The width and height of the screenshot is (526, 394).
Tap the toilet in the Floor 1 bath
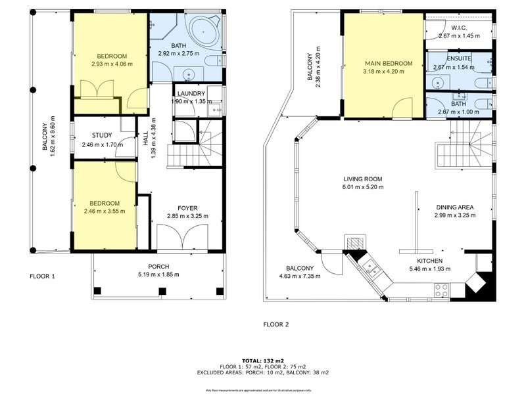click(212, 61)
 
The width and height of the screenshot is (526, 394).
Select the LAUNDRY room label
click(191, 94)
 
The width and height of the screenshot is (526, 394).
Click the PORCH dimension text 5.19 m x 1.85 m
click(158, 274)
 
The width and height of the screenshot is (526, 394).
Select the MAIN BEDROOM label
click(389, 64)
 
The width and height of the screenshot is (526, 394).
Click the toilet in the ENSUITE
click(483, 81)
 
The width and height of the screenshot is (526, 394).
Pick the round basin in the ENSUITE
click(437, 82)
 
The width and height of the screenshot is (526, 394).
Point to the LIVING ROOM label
click(362, 179)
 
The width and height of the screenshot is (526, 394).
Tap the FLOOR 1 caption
click(42, 276)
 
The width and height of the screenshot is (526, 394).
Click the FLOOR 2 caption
click(275, 324)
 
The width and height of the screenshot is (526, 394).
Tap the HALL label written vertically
click(145, 139)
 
